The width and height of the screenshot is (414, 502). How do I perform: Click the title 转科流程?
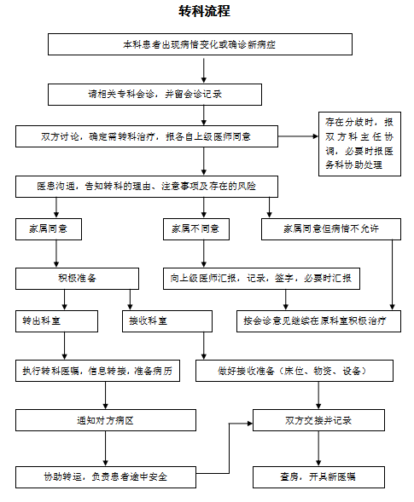[204, 11]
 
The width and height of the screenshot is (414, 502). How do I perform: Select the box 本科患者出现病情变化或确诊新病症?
[200, 44]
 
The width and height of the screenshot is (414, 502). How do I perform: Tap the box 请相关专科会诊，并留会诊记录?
[155, 95]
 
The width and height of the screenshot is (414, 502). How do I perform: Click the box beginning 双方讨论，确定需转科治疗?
[147, 136]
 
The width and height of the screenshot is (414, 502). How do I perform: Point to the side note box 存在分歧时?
[359, 144]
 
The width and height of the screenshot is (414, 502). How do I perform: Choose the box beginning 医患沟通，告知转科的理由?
[147, 187]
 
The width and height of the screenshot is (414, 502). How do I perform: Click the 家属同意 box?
[49, 229]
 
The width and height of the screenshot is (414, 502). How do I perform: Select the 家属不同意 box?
[196, 229]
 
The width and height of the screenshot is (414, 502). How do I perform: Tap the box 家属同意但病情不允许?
[331, 229]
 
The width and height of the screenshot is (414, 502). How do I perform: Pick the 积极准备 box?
[78, 279]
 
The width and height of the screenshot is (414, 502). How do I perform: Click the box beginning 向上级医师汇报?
[261, 279]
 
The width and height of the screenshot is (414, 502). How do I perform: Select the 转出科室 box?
[56, 321]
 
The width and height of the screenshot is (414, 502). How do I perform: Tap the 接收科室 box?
[167, 321]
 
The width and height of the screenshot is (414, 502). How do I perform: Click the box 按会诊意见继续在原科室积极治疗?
[318, 321]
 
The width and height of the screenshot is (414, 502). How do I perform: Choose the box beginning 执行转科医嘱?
[97, 371]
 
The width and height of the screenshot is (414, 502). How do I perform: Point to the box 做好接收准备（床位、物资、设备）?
[294, 371]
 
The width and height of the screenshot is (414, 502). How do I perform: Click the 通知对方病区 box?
[106, 420]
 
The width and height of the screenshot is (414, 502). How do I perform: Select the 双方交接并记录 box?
[318, 420]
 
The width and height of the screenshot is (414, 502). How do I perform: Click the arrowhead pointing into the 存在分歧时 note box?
[316, 136]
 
